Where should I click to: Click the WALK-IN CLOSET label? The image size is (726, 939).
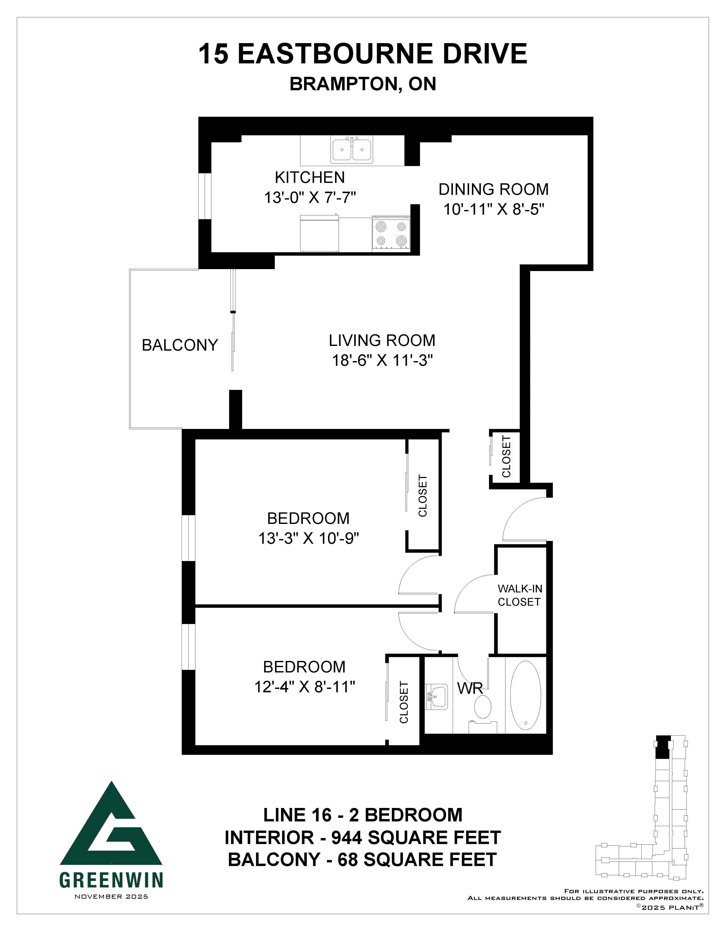(520, 595)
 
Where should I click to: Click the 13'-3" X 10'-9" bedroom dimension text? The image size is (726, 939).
(308, 538)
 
